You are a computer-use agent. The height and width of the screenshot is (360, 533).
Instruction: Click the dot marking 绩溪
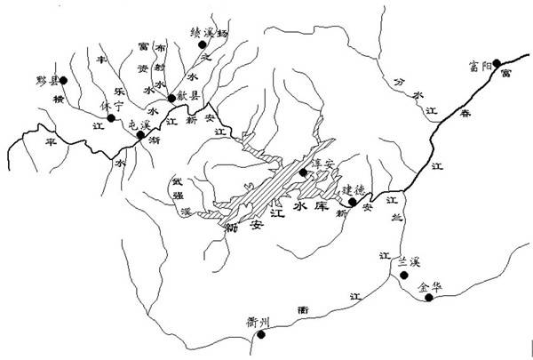click(202, 43)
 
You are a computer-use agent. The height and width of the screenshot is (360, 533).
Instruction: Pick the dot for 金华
click(429, 298)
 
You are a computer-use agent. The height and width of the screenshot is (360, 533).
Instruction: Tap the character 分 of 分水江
click(396, 83)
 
